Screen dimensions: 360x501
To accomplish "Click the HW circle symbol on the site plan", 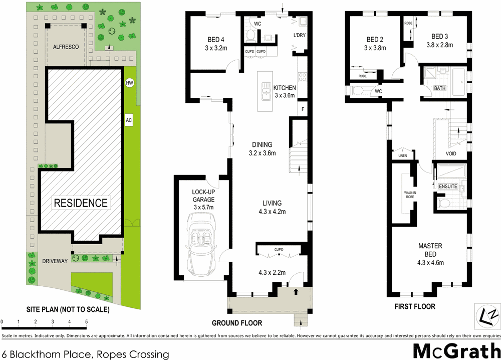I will click(x=129, y=83).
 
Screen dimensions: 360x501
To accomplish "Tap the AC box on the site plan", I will click(x=129, y=120).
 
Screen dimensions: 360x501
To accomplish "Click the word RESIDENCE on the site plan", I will click(x=81, y=203).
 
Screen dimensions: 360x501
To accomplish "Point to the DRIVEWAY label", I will click(x=55, y=261).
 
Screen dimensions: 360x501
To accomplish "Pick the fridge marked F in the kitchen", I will click(x=302, y=109).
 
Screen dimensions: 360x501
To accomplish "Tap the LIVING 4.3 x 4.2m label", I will click(x=272, y=207).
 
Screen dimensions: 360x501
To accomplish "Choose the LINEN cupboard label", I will click(x=403, y=155).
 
